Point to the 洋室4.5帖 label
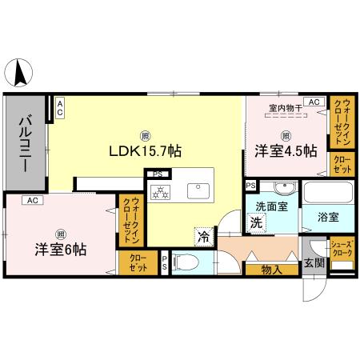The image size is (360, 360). click(286, 150)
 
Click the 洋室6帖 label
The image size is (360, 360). click(61, 247)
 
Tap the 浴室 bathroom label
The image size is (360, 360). click(327, 217)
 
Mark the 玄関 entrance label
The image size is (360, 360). click(314, 263)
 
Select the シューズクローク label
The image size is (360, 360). click(342, 250)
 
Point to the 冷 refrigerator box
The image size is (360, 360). click(204, 237)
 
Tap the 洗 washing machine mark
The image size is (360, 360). click(255, 224)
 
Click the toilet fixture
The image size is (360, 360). click(183, 261)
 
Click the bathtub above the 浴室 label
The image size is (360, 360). click(328, 194)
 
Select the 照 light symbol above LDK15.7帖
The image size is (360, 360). click(145, 134)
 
